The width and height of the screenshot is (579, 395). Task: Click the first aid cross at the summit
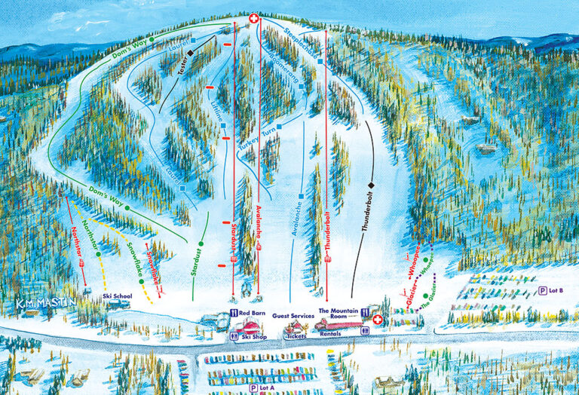255,17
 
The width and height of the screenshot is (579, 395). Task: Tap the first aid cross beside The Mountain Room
378,320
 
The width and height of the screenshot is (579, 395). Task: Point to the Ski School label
118,296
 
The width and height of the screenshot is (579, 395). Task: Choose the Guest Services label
292,316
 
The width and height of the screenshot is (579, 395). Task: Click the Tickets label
296,336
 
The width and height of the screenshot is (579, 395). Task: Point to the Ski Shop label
255,337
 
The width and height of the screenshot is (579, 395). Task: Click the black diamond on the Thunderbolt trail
372,185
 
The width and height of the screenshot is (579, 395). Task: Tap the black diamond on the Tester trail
191,52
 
